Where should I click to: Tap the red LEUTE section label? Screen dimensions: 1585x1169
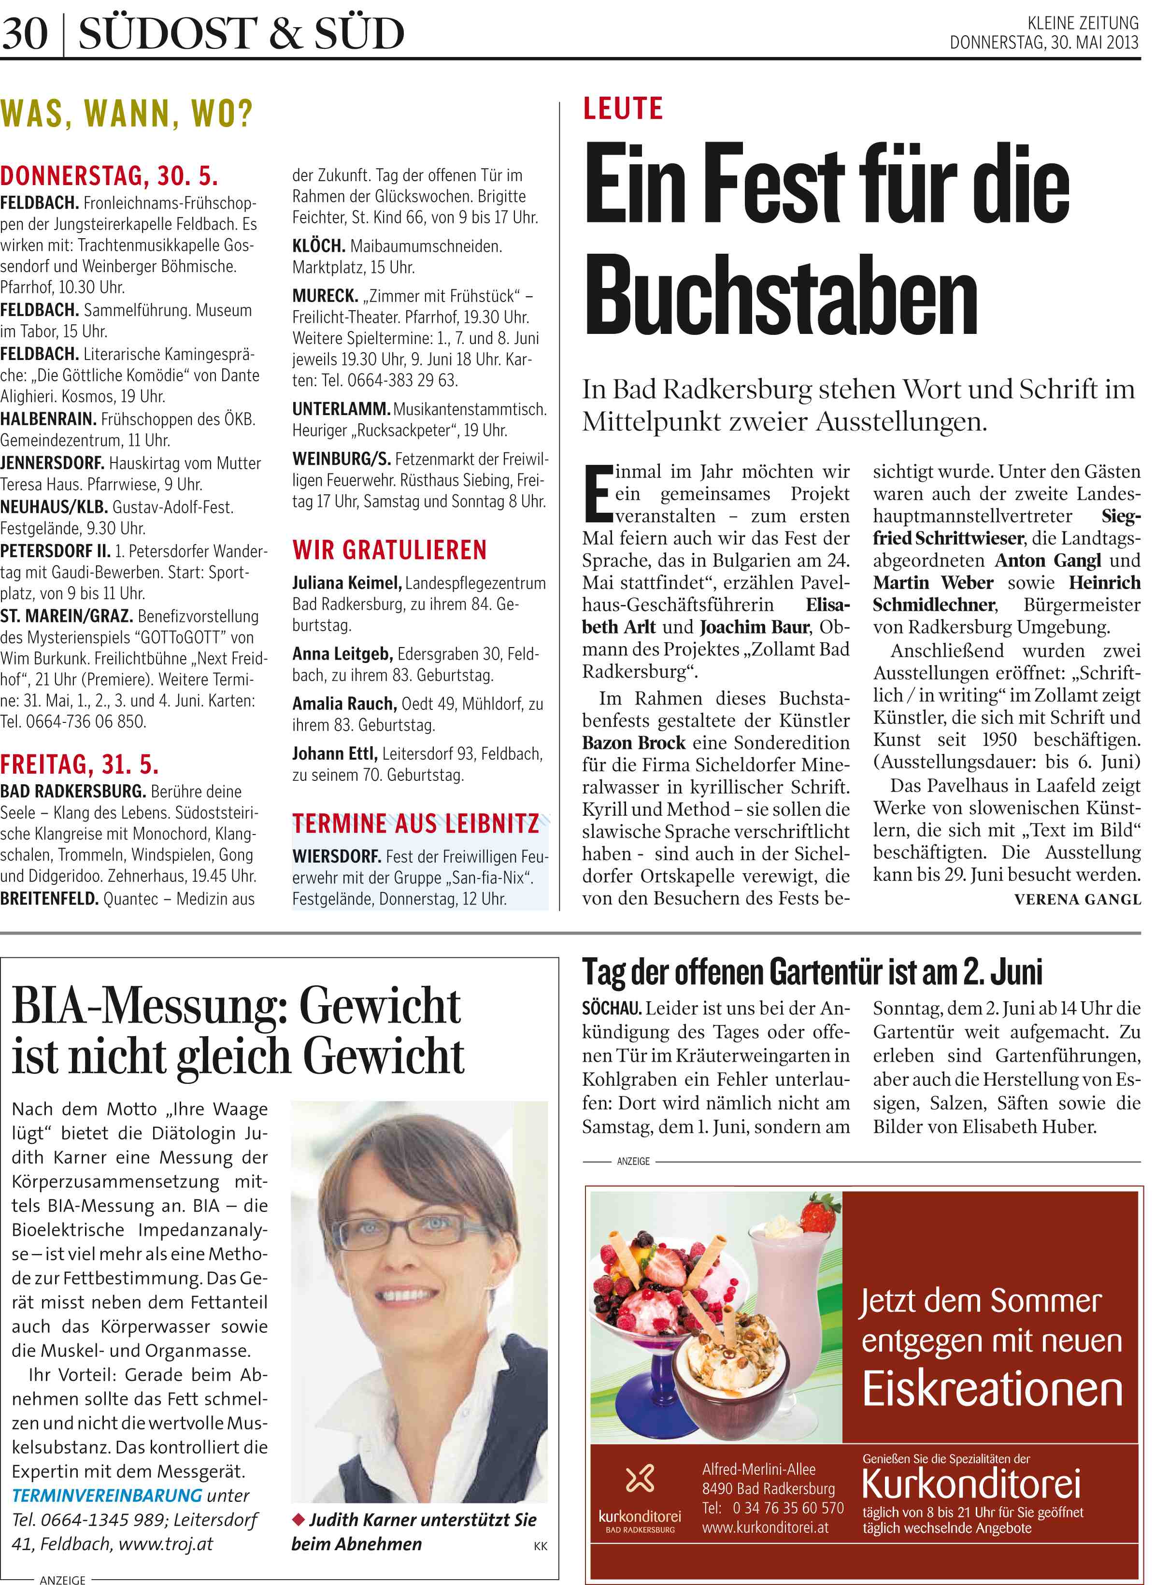click(623, 109)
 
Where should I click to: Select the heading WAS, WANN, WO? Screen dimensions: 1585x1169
click(127, 113)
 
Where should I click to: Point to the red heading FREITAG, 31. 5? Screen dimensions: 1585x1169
click(79, 764)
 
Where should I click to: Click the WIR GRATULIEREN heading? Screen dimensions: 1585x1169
click(389, 550)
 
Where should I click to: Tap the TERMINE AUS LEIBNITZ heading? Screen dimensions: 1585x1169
click(415, 823)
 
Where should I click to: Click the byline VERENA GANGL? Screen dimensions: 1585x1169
click(1077, 900)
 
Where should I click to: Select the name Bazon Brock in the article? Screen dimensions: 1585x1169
click(633, 743)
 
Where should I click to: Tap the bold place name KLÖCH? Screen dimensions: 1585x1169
click(318, 246)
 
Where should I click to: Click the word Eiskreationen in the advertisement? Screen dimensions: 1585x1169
click(992, 1389)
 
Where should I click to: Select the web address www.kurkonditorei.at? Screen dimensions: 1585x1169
click(765, 1527)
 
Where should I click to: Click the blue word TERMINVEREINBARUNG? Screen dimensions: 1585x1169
click(107, 1495)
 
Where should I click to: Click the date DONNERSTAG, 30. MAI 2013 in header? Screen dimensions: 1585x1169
click(1044, 43)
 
